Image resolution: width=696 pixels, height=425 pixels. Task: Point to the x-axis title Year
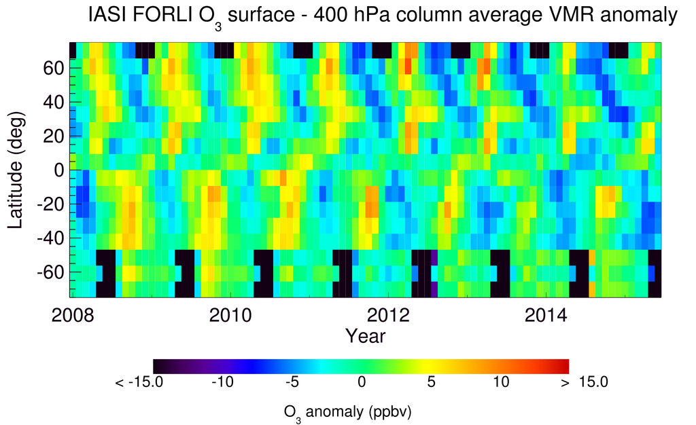pos(365,335)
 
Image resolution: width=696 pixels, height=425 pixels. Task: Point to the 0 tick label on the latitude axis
pos(60,170)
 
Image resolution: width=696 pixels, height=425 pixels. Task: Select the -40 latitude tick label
pos(50,238)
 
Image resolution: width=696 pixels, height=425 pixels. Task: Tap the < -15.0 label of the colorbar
pos(139,382)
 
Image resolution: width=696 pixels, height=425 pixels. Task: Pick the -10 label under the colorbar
pos(222,382)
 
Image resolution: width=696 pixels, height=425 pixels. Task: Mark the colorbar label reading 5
pos(430,382)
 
